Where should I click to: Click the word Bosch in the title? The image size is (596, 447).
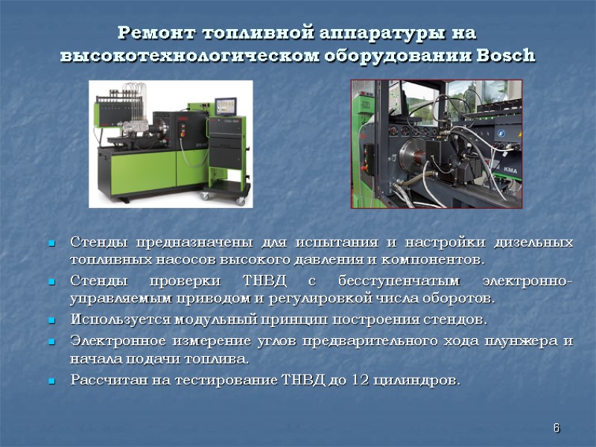coord(509,56)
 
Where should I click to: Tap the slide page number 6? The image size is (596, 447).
coord(556,428)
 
